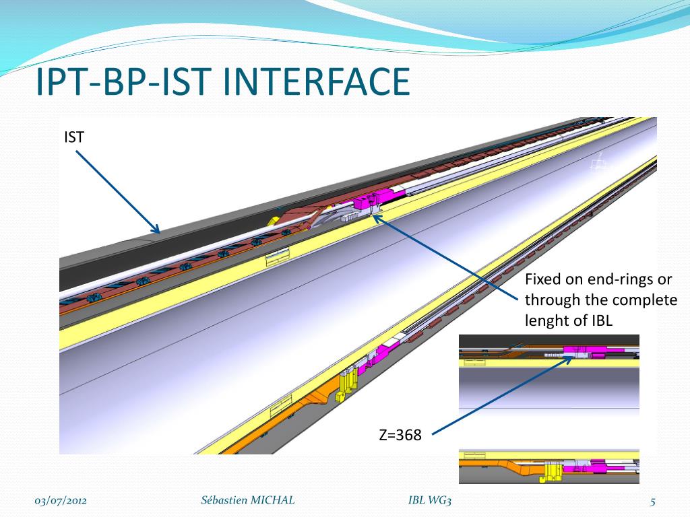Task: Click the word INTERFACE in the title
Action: (x=316, y=83)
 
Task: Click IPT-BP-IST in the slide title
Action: (x=124, y=83)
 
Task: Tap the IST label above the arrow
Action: (x=74, y=137)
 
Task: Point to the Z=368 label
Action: (x=400, y=436)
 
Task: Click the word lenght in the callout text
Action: (x=546, y=321)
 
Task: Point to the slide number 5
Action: (x=652, y=500)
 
